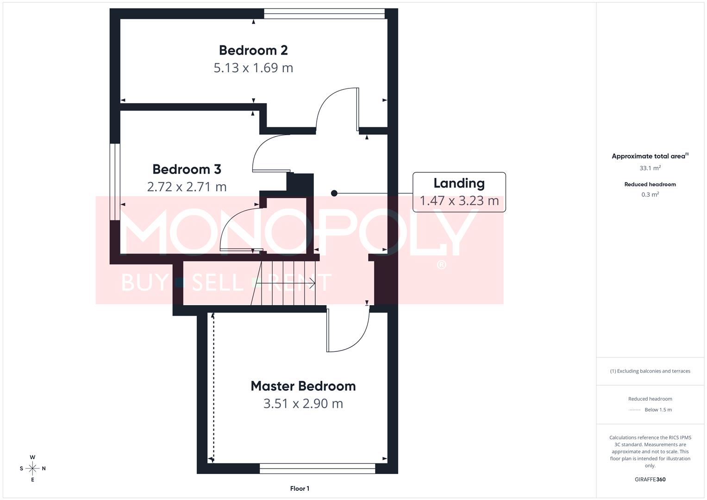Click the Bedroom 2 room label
[253, 50]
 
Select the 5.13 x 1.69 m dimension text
[253, 68]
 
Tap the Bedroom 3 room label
[187, 169]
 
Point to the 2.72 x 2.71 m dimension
[187, 187]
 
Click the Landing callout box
[459, 192]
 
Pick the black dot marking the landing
[334, 194]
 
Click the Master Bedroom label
[303, 386]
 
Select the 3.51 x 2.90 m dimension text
[303, 404]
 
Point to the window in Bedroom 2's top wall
[324, 14]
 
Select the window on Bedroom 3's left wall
[115, 181]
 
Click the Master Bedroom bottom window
[317, 469]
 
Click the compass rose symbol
[32, 469]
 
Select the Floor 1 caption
[300, 488]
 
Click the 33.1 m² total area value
[650, 168]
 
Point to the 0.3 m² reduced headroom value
[650, 195]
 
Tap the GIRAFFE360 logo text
[650, 479]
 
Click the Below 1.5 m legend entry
[657, 410]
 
